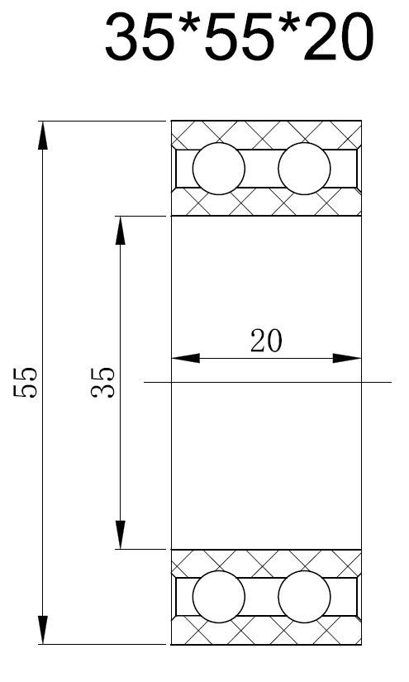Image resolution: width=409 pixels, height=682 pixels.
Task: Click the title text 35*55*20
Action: coord(240,38)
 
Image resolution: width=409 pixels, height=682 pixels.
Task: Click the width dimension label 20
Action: coord(266,341)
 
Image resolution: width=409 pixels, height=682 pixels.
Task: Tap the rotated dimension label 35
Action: coord(103,382)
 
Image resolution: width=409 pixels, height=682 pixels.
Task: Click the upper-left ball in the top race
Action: coord(219,169)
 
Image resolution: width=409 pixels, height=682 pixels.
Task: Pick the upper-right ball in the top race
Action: coord(304,169)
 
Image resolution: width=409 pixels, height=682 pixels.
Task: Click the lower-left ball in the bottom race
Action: coord(219,597)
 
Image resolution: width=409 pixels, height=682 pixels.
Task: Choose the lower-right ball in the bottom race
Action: coord(304,597)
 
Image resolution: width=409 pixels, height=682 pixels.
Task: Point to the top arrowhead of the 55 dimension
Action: coord(43,136)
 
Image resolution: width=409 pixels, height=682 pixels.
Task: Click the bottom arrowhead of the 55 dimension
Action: coord(43,630)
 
